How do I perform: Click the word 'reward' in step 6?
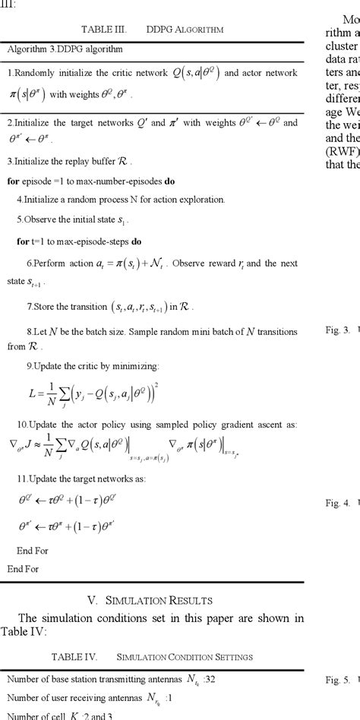(x=218, y=263)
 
